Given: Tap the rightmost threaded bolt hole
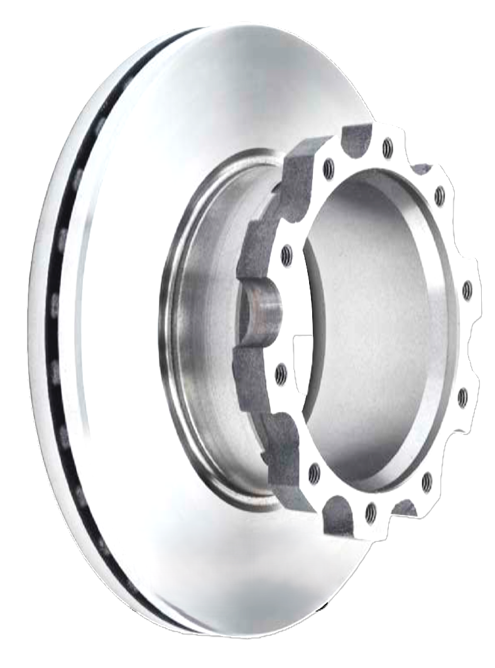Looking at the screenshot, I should click(x=467, y=291).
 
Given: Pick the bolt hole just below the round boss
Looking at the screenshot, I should click(x=281, y=374).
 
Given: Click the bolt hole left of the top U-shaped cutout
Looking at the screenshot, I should click(x=329, y=168).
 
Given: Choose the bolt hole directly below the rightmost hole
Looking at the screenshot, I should click(x=463, y=398).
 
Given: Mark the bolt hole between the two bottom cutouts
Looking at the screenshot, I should click(x=371, y=513).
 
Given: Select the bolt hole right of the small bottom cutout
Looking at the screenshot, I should click(x=427, y=482).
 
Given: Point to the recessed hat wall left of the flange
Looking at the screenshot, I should click(x=201, y=326).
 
